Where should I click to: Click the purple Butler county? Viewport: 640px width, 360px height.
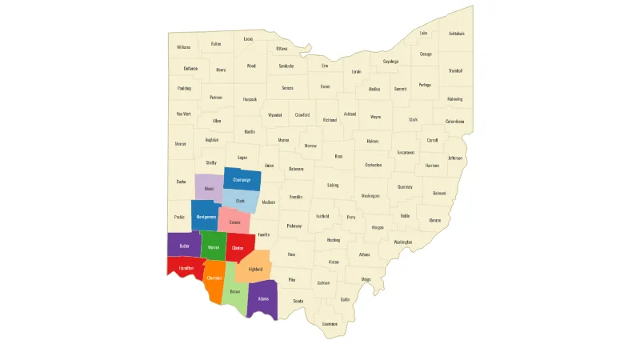click(184, 245)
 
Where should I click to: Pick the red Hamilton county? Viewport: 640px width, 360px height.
click(186, 267)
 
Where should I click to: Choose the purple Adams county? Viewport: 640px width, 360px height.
click(262, 298)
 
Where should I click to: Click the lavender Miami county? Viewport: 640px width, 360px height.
click(209, 189)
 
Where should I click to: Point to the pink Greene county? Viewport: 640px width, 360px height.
click(234, 222)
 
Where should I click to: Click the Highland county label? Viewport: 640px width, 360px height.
click(255, 270)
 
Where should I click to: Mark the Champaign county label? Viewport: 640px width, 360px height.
click(242, 180)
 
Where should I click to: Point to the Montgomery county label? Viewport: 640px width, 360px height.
click(206, 217)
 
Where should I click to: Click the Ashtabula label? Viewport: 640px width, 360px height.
click(456, 34)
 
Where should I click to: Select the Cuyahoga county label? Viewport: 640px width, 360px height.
click(390, 62)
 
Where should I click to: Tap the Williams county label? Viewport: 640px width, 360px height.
click(184, 47)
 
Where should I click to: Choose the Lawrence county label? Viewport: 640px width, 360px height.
click(330, 323)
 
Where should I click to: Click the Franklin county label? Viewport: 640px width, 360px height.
click(296, 196)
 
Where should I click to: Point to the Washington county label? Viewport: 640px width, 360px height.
click(403, 242)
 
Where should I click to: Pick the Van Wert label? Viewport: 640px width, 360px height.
click(184, 114)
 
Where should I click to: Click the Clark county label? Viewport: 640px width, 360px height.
click(240, 201)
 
